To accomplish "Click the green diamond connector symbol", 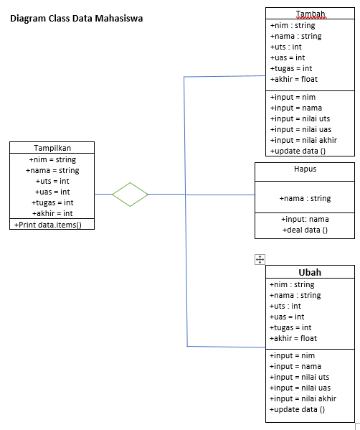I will click(130, 194).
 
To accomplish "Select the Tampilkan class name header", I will click(52, 148).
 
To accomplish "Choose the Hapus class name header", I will click(305, 169).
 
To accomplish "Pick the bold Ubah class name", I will click(310, 273).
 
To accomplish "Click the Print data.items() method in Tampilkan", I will click(48, 225).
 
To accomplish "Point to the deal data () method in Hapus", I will click(305, 230).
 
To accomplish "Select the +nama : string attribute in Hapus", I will click(305, 198).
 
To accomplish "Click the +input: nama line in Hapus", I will click(305, 219).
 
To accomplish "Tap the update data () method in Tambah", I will click(298, 151).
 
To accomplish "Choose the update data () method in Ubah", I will click(298, 409).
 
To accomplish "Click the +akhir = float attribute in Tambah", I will click(294, 79).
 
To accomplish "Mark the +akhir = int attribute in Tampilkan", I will click(52, 213).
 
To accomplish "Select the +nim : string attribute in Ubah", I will click(293, 284).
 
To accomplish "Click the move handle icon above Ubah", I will click(260, 260).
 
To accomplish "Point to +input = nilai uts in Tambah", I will click(300, 118).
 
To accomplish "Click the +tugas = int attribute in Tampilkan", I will click(52, 202).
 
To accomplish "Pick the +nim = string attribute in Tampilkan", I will click(52, 159).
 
